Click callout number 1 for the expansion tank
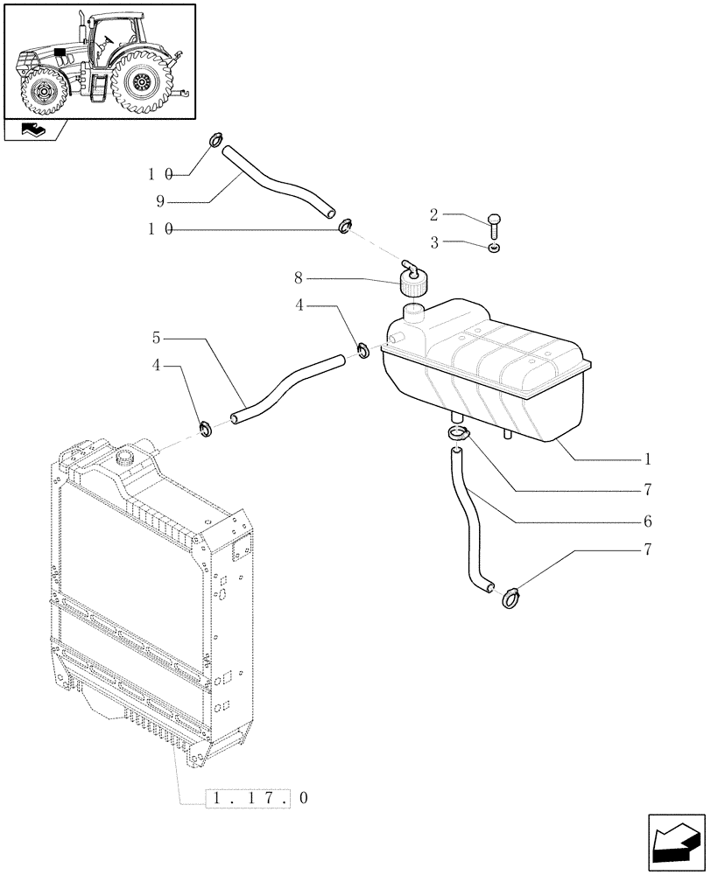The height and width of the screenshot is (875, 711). click(647, 458)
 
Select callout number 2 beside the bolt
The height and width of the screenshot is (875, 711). click(433, 214)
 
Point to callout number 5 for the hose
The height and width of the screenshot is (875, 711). click(155, 337)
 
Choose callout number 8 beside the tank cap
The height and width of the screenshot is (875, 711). click(299, 278)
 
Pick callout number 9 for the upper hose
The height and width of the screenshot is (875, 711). click(160, 200)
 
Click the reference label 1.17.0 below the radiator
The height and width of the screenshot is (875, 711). click(258, 798)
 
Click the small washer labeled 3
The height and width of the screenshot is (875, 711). click(496, 249)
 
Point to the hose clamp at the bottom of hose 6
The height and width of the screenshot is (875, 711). click(510, 597)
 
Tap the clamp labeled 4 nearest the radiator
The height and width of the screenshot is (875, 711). click(208, 429)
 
